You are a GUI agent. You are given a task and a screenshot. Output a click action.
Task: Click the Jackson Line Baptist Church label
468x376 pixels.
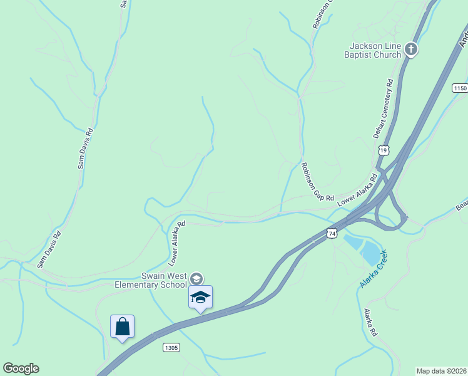pyautogui.click(x=375, y=50)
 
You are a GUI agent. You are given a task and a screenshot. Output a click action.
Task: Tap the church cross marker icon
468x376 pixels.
pyautogui.click(x=411, y=48)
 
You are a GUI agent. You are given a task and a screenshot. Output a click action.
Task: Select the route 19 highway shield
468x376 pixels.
pyautogui.click(x=384, y=150)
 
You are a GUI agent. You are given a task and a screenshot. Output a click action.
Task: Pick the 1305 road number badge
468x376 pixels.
pyautogui.click(x=171, y=347)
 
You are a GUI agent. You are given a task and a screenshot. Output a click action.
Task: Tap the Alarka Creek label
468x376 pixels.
pyautogui.click(x=374, y=269)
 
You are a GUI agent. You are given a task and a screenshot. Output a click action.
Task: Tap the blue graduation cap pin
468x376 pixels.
pyautogui.click(x=200, y=296)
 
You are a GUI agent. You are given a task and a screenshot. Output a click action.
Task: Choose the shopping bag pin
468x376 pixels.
pyautogui.click(x=123, y=326)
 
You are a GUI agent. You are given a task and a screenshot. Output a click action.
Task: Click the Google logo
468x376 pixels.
pyautogui.click(x=21, y=368)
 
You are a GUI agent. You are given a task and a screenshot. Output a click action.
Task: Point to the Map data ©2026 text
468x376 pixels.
pyautogui.click(x=442, y=371)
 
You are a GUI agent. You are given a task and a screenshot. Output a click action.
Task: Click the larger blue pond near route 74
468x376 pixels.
pyautogui.click(x=372, y=253)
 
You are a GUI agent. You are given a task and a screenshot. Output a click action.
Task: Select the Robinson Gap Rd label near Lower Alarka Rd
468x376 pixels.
pyautogui.click(x=317, y=182)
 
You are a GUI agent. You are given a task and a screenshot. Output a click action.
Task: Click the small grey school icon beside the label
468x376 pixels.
pyautogui.click(x=196, y=278)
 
